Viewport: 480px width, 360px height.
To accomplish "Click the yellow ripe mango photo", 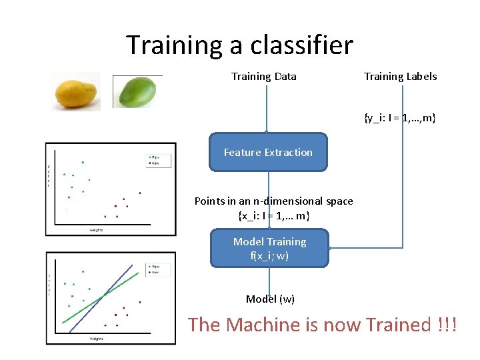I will point(76,91).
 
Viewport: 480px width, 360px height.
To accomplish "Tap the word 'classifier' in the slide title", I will point(301,45).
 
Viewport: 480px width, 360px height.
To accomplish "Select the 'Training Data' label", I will point(263,77).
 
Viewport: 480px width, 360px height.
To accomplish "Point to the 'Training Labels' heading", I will point(400,77).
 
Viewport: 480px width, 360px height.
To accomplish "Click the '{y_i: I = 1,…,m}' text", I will point(400,118).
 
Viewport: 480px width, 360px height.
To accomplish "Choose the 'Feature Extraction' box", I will point(268,153).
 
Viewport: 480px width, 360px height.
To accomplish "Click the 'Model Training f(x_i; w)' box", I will point(269,248).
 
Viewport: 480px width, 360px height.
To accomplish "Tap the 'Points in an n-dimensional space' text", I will point(273,201).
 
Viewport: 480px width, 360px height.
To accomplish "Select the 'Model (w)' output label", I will point(270,299).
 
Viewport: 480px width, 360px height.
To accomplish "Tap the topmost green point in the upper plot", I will point(83,162).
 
